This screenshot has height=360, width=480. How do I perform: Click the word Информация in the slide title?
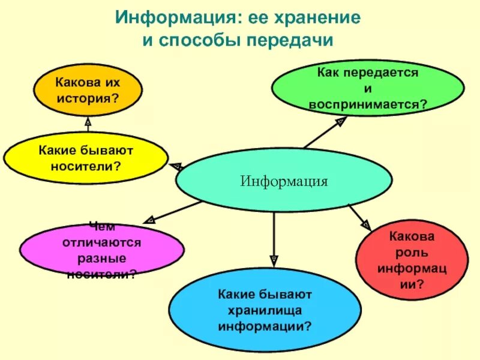click(175, 17)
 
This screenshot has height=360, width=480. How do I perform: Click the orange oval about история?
click(88, 90)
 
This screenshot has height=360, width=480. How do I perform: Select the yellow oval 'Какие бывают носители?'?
click(86, 158)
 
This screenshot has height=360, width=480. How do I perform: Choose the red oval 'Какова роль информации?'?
click(412, 262)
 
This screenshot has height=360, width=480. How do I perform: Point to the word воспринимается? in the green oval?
click(368, 104)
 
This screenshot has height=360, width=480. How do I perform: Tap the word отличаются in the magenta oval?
click(101, 242)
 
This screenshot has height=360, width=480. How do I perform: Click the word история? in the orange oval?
click(88, 97)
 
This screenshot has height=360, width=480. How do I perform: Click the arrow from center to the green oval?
click(323, 133)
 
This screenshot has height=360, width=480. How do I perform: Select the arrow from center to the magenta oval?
click(174, 211)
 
